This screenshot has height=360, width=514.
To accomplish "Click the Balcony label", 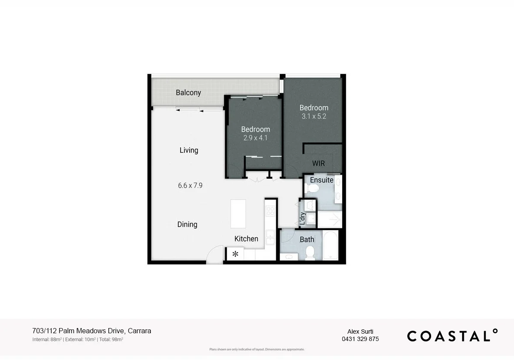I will tap(188, 92).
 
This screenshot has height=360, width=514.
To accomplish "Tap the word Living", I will tap(189, 150).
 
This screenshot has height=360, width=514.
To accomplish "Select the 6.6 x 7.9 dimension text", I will tap(190, 186).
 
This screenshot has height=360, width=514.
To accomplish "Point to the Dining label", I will tap(187, 224).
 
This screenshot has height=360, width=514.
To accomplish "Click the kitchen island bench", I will tap(238, 214).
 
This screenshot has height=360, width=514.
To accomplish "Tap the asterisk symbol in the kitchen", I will tap(235, 254).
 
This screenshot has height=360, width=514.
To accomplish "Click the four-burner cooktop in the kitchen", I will tap(270, 211).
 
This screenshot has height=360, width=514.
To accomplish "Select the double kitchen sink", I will tap(270, 237).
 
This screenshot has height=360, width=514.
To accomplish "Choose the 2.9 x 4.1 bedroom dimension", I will tap(255, 138).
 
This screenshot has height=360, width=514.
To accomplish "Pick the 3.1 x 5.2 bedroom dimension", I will tap(314, 117).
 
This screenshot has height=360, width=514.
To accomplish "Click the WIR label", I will tap(318, 164).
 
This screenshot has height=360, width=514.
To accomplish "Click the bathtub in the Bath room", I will tap(330, 245).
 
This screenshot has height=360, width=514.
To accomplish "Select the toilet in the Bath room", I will tap(309, 253).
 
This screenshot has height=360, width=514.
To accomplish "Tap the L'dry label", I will tap(303, 218).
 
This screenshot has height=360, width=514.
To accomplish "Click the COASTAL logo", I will tap(452, 336).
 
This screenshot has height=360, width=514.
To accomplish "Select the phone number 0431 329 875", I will tap(360, 339).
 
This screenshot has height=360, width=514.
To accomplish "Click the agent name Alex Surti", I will tap(360, 332).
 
